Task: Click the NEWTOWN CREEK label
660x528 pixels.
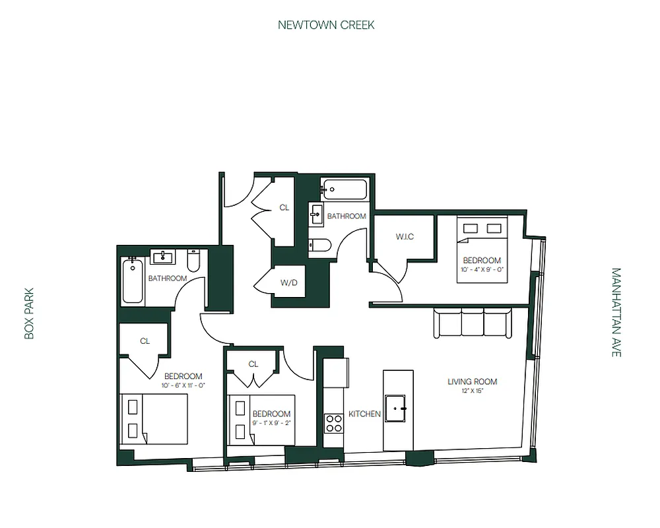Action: [326, 25]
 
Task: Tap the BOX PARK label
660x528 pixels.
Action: [28, 313]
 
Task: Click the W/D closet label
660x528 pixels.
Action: [288, 283]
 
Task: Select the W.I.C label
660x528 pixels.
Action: [405, 237]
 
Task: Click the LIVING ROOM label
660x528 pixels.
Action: [472, 381]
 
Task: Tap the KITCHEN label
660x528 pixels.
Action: [364, 414]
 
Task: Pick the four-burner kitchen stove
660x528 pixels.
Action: [334, 422]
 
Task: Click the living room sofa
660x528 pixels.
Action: [473, 323]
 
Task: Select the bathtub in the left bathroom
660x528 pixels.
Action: [132, 280]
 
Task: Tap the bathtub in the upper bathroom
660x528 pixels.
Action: [344, 189]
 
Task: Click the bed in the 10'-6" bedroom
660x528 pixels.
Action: [154, 418]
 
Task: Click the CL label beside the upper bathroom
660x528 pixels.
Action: [284, 207]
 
